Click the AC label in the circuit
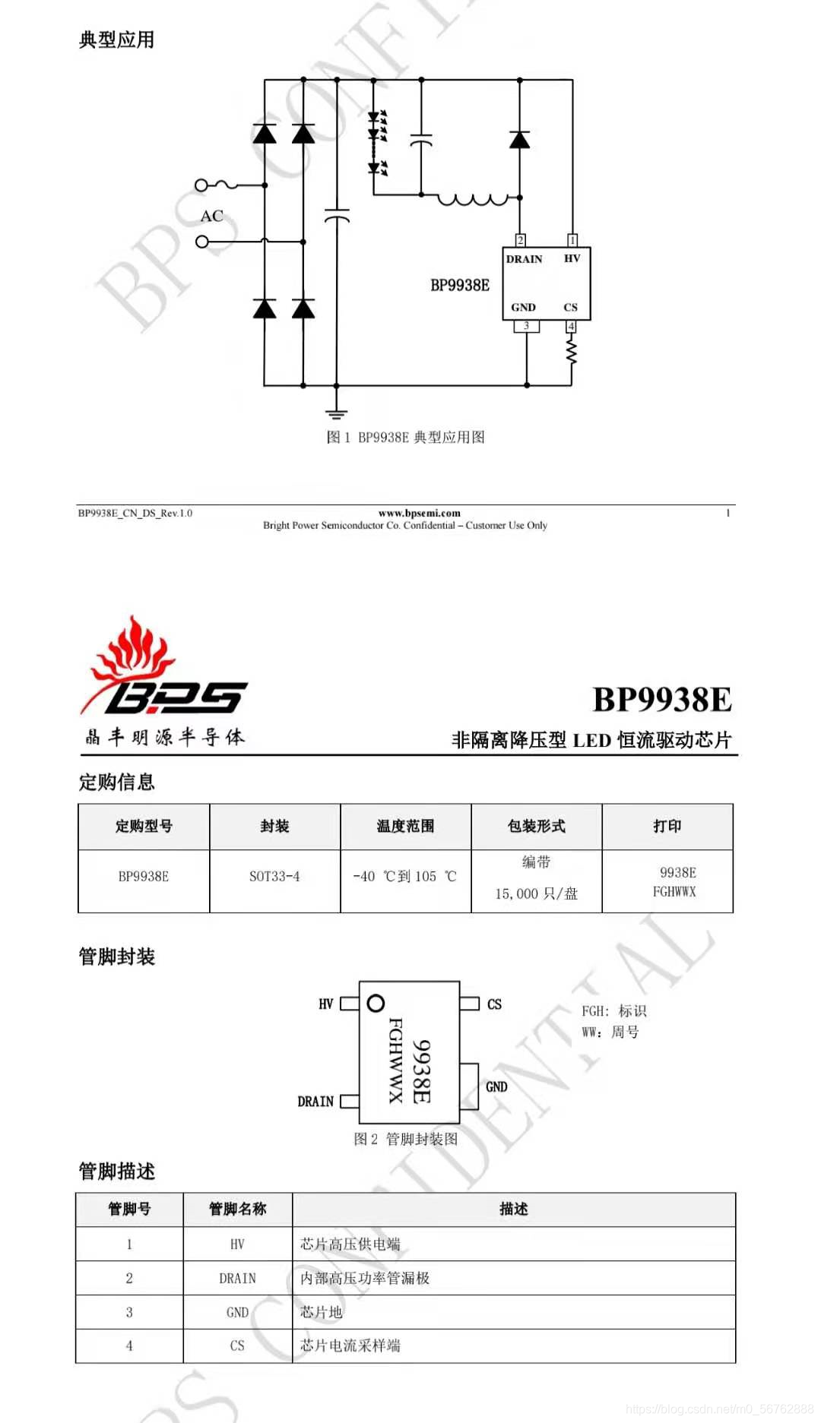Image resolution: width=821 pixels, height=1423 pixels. click(x=212, y=217)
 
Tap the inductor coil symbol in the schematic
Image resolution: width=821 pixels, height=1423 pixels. click(x=473, y=199)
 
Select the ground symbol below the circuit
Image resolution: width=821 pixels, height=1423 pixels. click(x=336, y=413)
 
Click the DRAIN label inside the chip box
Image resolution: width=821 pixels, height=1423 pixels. click(x=525, y=259)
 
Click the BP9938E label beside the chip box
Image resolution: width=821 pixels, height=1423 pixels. click(x=460, y=286)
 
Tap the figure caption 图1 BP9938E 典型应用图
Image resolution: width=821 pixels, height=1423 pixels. click(x=405, y=437)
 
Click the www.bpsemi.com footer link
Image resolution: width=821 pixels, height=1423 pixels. click(x=419, y=513)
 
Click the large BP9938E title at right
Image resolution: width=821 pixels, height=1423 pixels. click(x=661, y=700)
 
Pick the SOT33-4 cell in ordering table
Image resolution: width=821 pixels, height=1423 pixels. click(x=274, y=877)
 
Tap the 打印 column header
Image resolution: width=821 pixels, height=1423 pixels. click(x=667, y=826)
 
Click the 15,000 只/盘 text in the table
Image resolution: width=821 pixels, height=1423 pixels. click(x=536, y=894)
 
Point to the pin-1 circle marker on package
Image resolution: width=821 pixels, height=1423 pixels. click(x=376, y=1003)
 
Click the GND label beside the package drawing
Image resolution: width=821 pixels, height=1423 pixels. click(x=496, y=1087)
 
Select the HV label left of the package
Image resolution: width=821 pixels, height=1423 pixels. click(x=326, y=1004)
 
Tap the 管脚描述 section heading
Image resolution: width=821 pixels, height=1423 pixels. click(x=117, y=1171)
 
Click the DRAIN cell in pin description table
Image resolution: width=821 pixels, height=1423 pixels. click(x=237, y=1279)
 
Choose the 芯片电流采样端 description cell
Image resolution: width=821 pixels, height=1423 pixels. click(x=350, y=1346)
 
